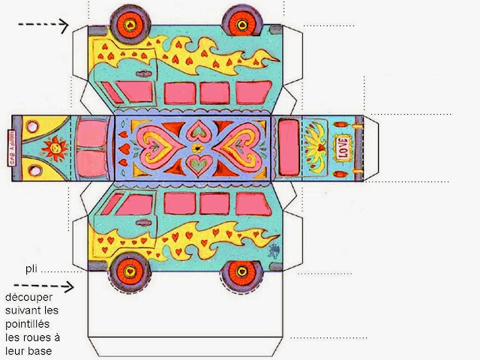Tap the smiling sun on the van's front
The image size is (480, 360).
[x=54, y=147]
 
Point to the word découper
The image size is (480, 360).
[x=28, y=298]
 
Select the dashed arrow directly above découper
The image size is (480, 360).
[x=52, y=285]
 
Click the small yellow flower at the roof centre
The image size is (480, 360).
[x=196, y=148]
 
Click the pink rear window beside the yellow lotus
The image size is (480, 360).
[x=287, y=146]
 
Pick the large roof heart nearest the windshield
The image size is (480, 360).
[x=154, y=147]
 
